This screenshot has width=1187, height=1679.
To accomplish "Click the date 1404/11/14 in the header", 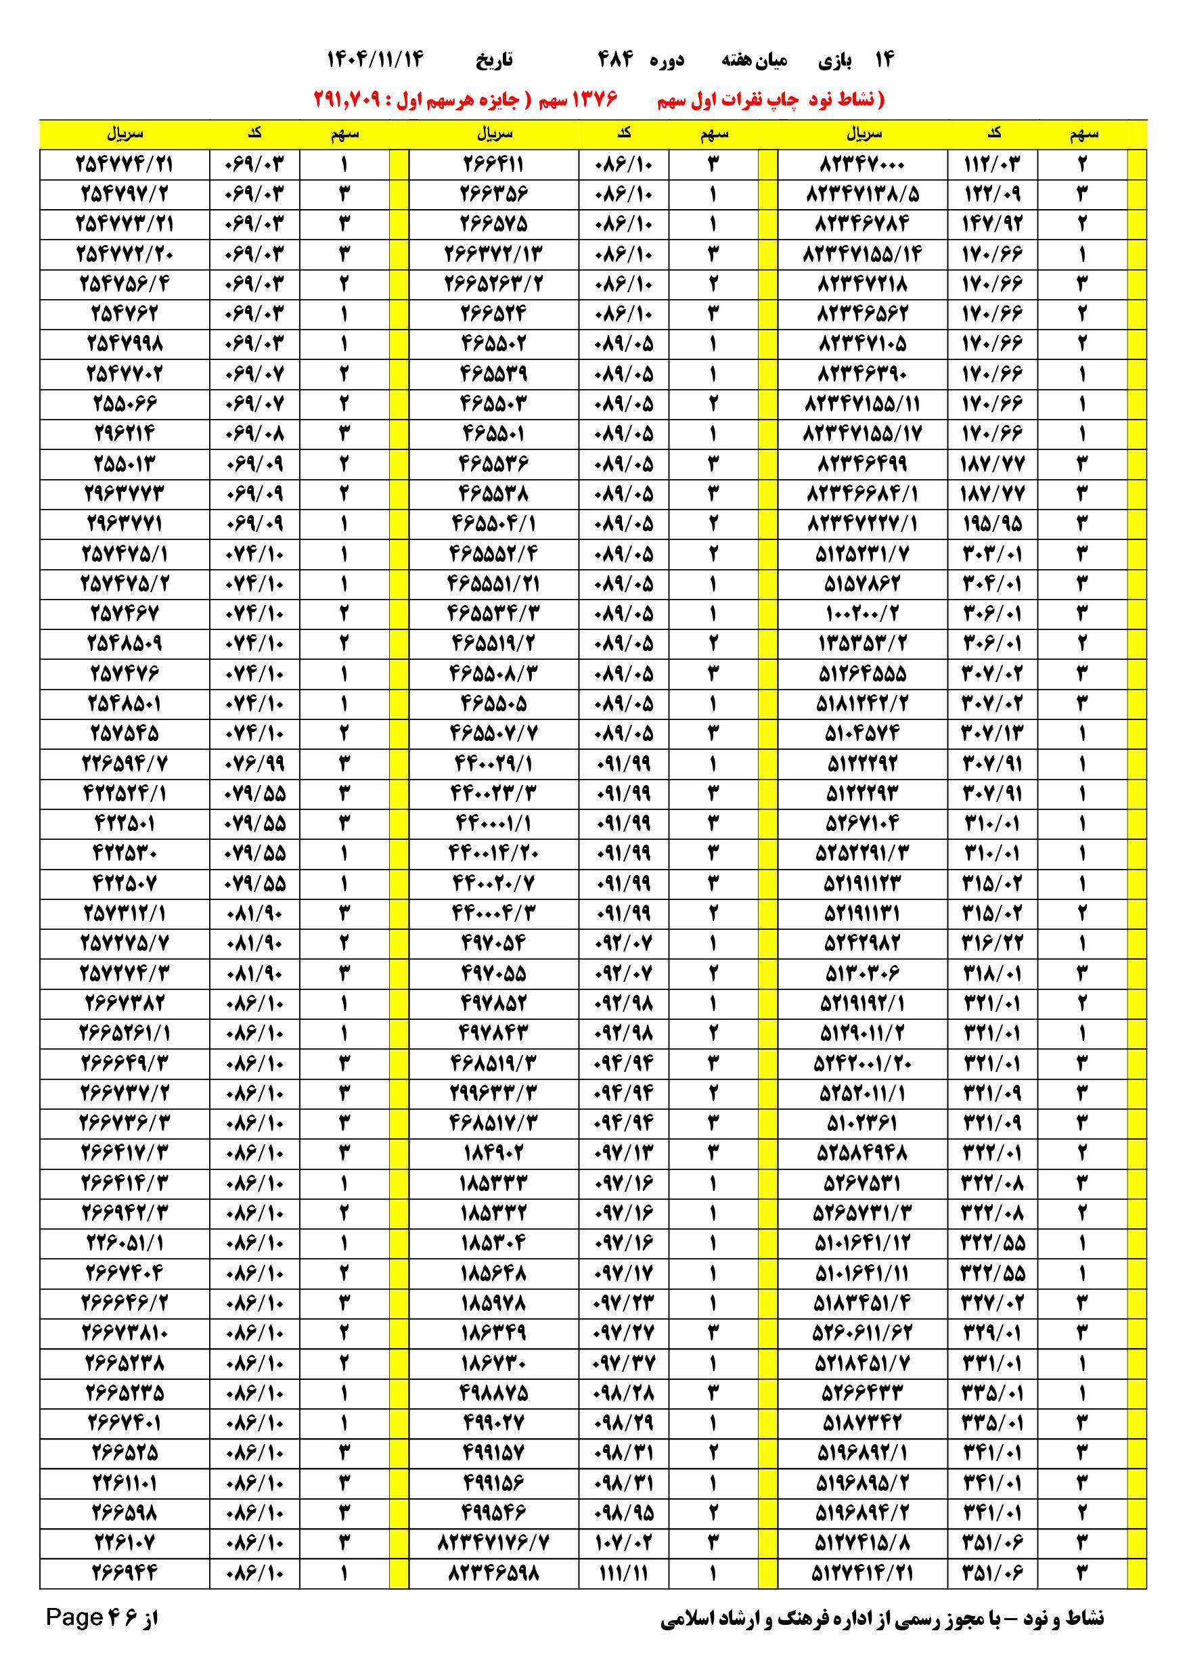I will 374,60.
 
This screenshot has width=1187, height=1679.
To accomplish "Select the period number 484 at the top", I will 616,60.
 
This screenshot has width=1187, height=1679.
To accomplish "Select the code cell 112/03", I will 991,164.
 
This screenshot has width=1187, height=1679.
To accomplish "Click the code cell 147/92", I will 991,224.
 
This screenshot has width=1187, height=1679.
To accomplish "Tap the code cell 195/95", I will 991,524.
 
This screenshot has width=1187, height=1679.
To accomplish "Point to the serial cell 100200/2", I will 861,614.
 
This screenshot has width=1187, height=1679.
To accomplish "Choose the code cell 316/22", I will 991,943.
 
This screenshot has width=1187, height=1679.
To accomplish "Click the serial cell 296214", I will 125,434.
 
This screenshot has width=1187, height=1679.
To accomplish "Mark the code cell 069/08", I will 254,434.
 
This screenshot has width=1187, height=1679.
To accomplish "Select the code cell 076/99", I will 254,763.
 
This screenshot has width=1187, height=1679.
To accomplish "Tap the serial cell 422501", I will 125,824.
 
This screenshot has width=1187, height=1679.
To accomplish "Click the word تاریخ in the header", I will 495,60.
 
